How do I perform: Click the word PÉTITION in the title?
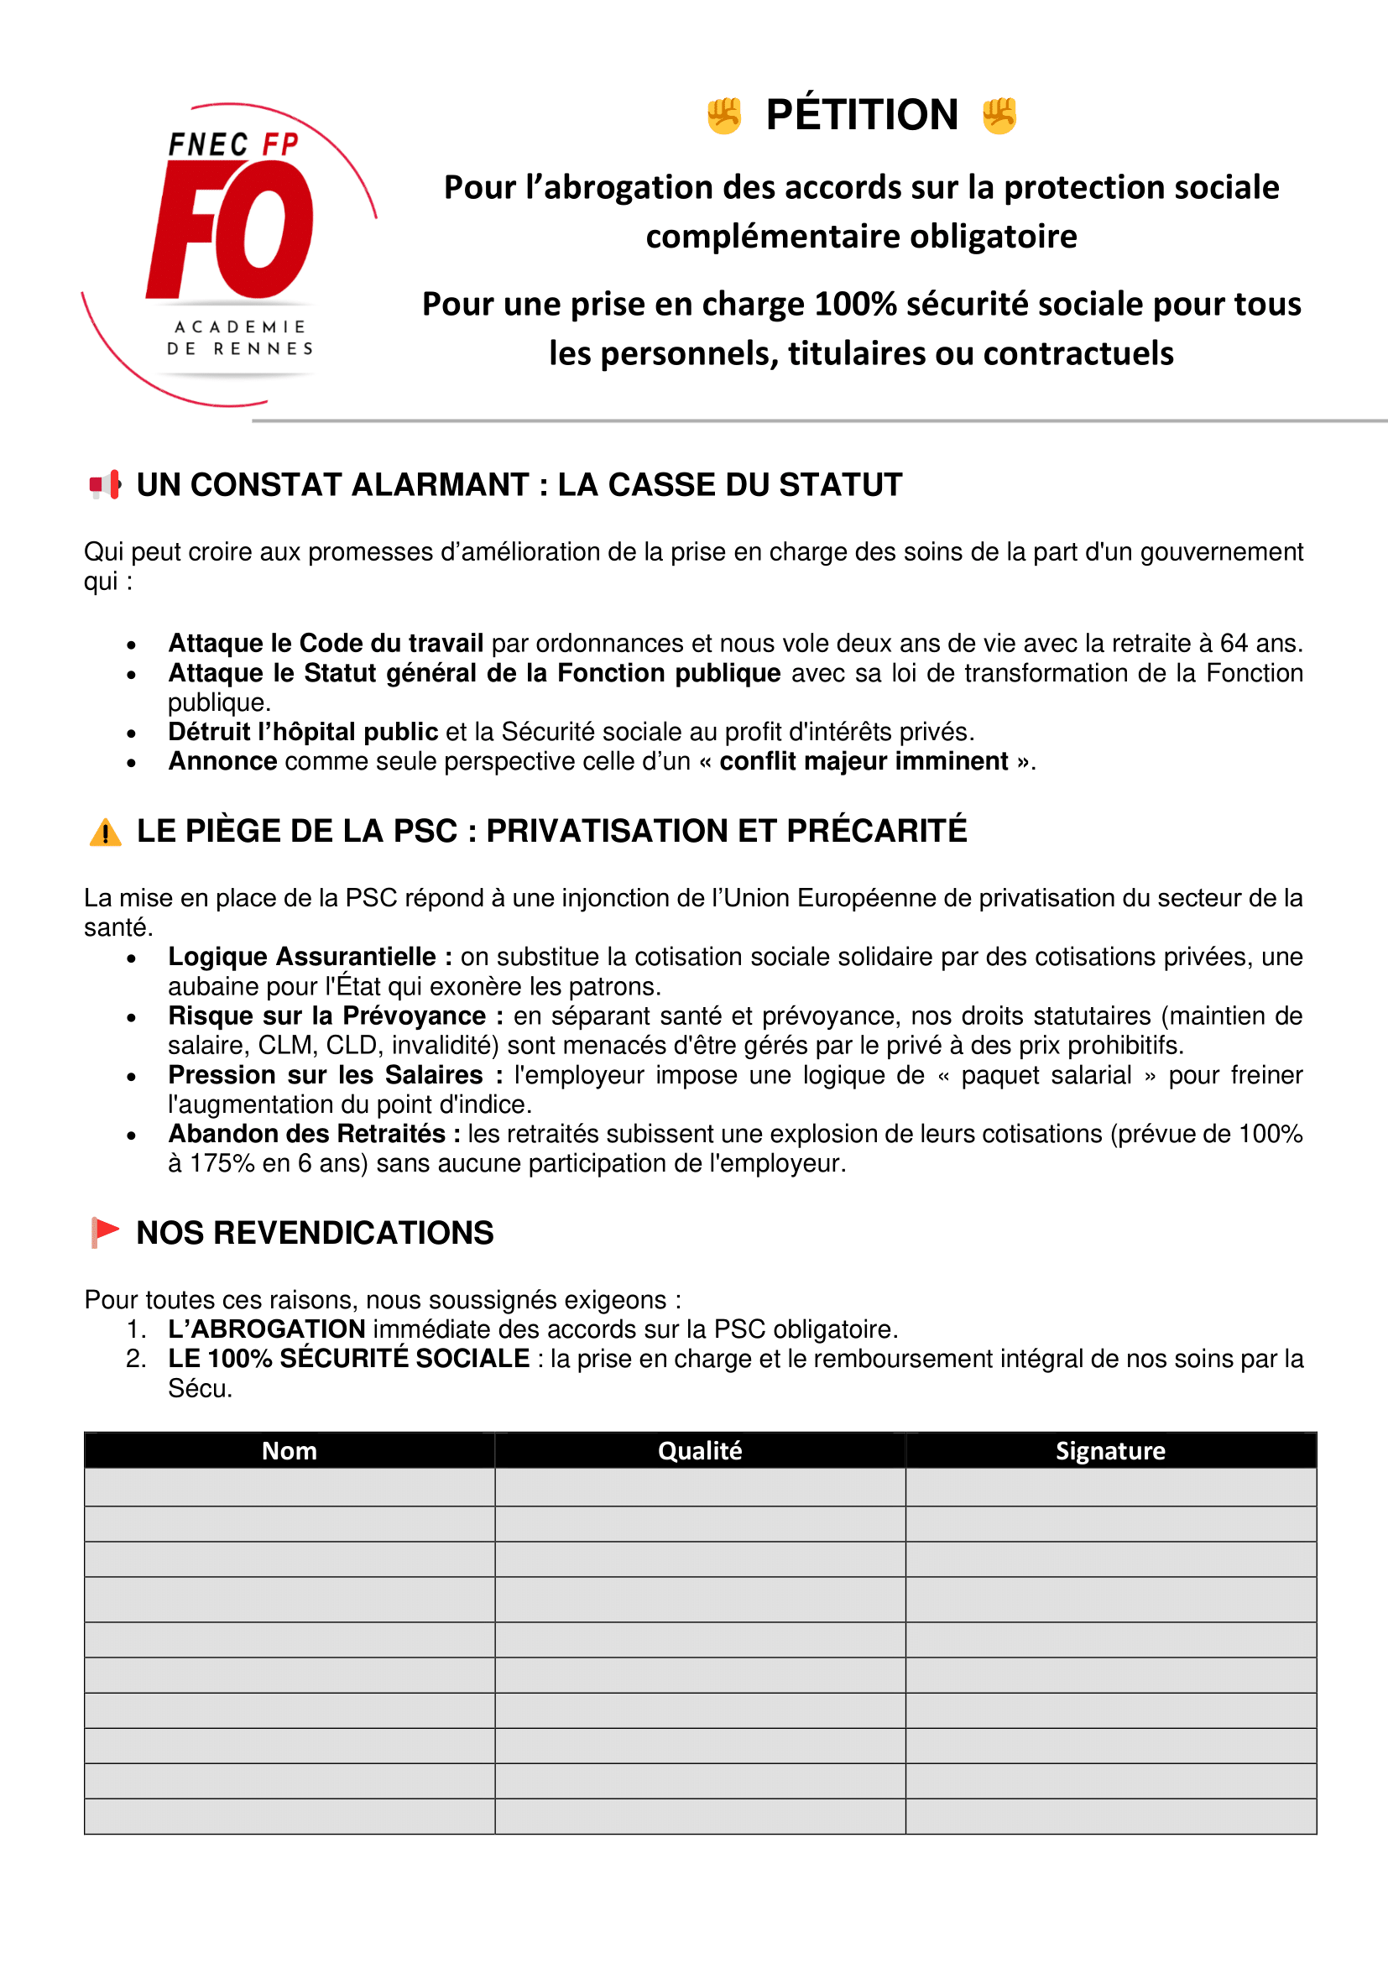point(862,116)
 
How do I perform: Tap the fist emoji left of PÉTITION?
point(724,117)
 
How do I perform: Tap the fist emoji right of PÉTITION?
point(999,117)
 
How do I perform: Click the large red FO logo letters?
point(231,229)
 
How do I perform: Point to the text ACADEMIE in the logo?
point(240,327)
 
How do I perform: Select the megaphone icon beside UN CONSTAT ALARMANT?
point(105,485)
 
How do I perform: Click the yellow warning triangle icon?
point(105,832)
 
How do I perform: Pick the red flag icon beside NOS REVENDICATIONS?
point(105,1233)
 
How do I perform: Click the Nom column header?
point(289,1451)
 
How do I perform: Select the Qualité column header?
point(700,1451)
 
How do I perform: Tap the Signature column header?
point(1110,1451)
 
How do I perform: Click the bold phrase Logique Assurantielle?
point(302,957)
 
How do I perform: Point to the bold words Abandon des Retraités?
point(307,1134)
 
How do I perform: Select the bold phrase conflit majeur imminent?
point(864,761)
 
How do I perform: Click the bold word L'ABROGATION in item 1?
point(267,1329)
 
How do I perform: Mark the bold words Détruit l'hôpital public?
point(304,732)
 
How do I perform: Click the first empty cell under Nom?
point(289,1487)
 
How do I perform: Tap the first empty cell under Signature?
point(1110,1487)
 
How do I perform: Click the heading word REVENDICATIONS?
point(353,1233)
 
